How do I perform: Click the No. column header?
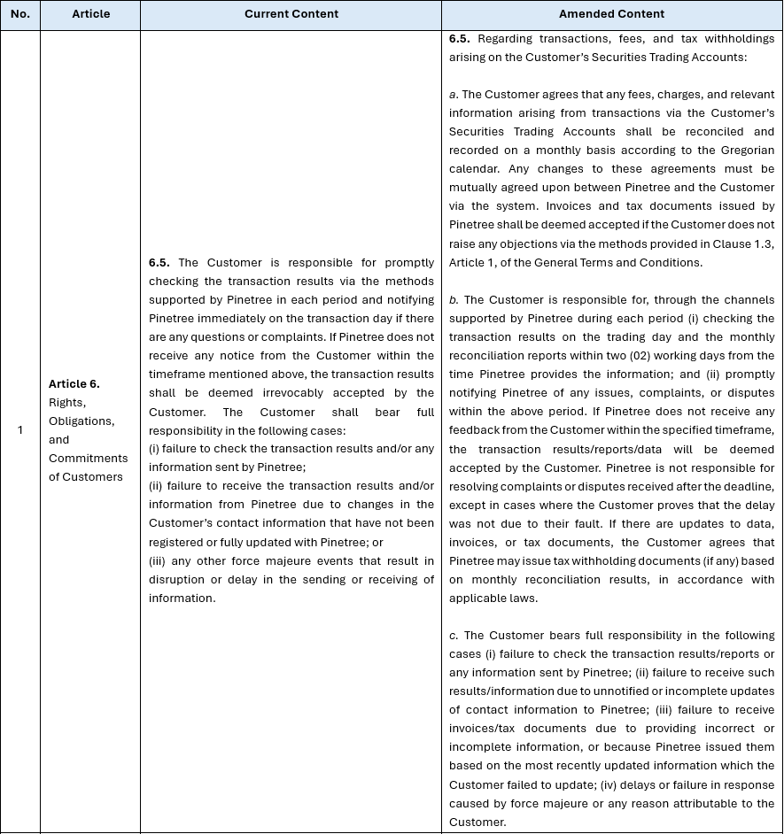click(19, 14)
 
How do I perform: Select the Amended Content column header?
click(611, 14)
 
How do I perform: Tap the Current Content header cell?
click(291, 14)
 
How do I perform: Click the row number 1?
click(19, 430)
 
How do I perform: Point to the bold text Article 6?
click(74, 383)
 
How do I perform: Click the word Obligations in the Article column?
click(81, 421)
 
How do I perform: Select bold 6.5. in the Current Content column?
click(159, 262)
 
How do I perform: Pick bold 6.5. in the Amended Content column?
click(460, 38)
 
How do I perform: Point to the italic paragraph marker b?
click(454, 299)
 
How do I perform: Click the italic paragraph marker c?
click(454, 635)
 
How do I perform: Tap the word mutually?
click(476, 187)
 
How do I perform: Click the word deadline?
click(750, 485)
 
